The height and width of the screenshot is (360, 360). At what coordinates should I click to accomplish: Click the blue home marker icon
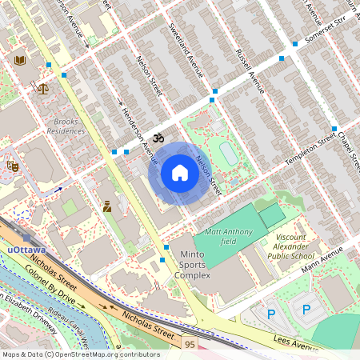pos(180,173)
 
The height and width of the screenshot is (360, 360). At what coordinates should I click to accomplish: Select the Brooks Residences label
pos(66,126)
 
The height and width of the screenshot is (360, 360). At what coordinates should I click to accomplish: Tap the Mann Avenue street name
pos(322,258)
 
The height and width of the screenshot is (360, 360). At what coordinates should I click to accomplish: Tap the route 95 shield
pos(189,344)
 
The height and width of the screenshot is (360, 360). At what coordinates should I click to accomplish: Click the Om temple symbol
pos(158,138)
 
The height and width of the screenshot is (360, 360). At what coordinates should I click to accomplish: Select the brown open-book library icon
pos(20,59)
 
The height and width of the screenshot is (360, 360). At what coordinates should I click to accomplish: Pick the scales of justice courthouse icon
pos(42,88)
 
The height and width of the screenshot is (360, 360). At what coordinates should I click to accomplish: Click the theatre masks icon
pos(12,166)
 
